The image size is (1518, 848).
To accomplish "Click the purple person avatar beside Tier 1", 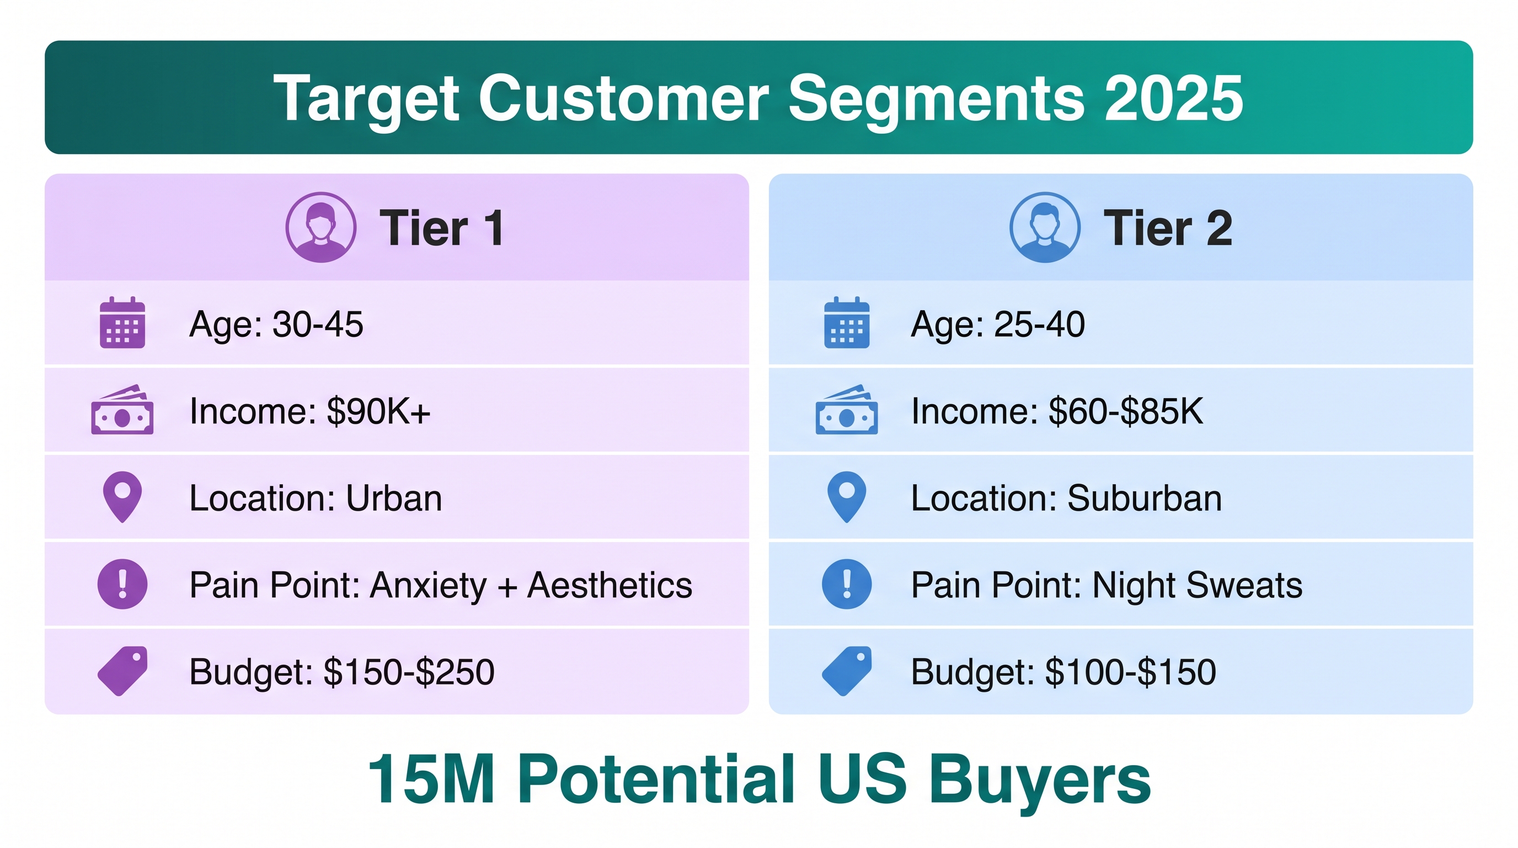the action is point(320,227).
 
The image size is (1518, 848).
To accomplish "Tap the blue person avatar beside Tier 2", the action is point(1045,227).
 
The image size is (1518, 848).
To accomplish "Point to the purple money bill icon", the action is point(122,410).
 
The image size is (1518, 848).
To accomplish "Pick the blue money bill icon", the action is point(847,410).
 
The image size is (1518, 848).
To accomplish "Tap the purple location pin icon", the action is point(122,497).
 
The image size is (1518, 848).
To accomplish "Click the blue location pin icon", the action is point(847,497).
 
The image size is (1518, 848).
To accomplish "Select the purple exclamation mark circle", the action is point(122,584).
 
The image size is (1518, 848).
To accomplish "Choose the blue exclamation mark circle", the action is point(847,584).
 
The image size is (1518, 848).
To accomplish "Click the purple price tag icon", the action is point(122,671).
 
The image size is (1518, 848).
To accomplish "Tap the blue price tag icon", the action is point(847,671).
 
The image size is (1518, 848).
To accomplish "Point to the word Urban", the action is point(394,499).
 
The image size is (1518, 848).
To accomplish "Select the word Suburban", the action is point(1145,499).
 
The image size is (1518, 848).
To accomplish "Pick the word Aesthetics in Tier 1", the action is point(610,585).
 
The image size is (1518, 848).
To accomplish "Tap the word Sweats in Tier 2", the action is point(1244,585).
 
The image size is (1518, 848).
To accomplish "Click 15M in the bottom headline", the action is point(431,778).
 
